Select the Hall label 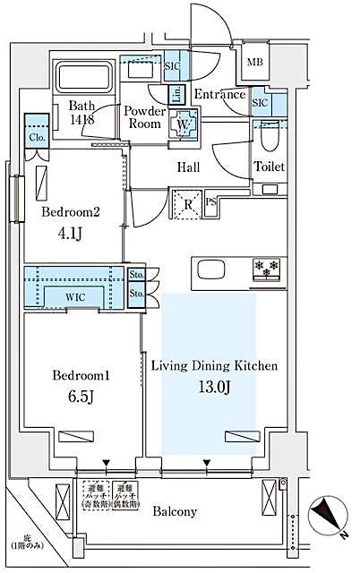click(x=188, y=167)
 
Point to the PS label click(x=211, y=202)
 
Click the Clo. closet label click(x=37, y=139)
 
